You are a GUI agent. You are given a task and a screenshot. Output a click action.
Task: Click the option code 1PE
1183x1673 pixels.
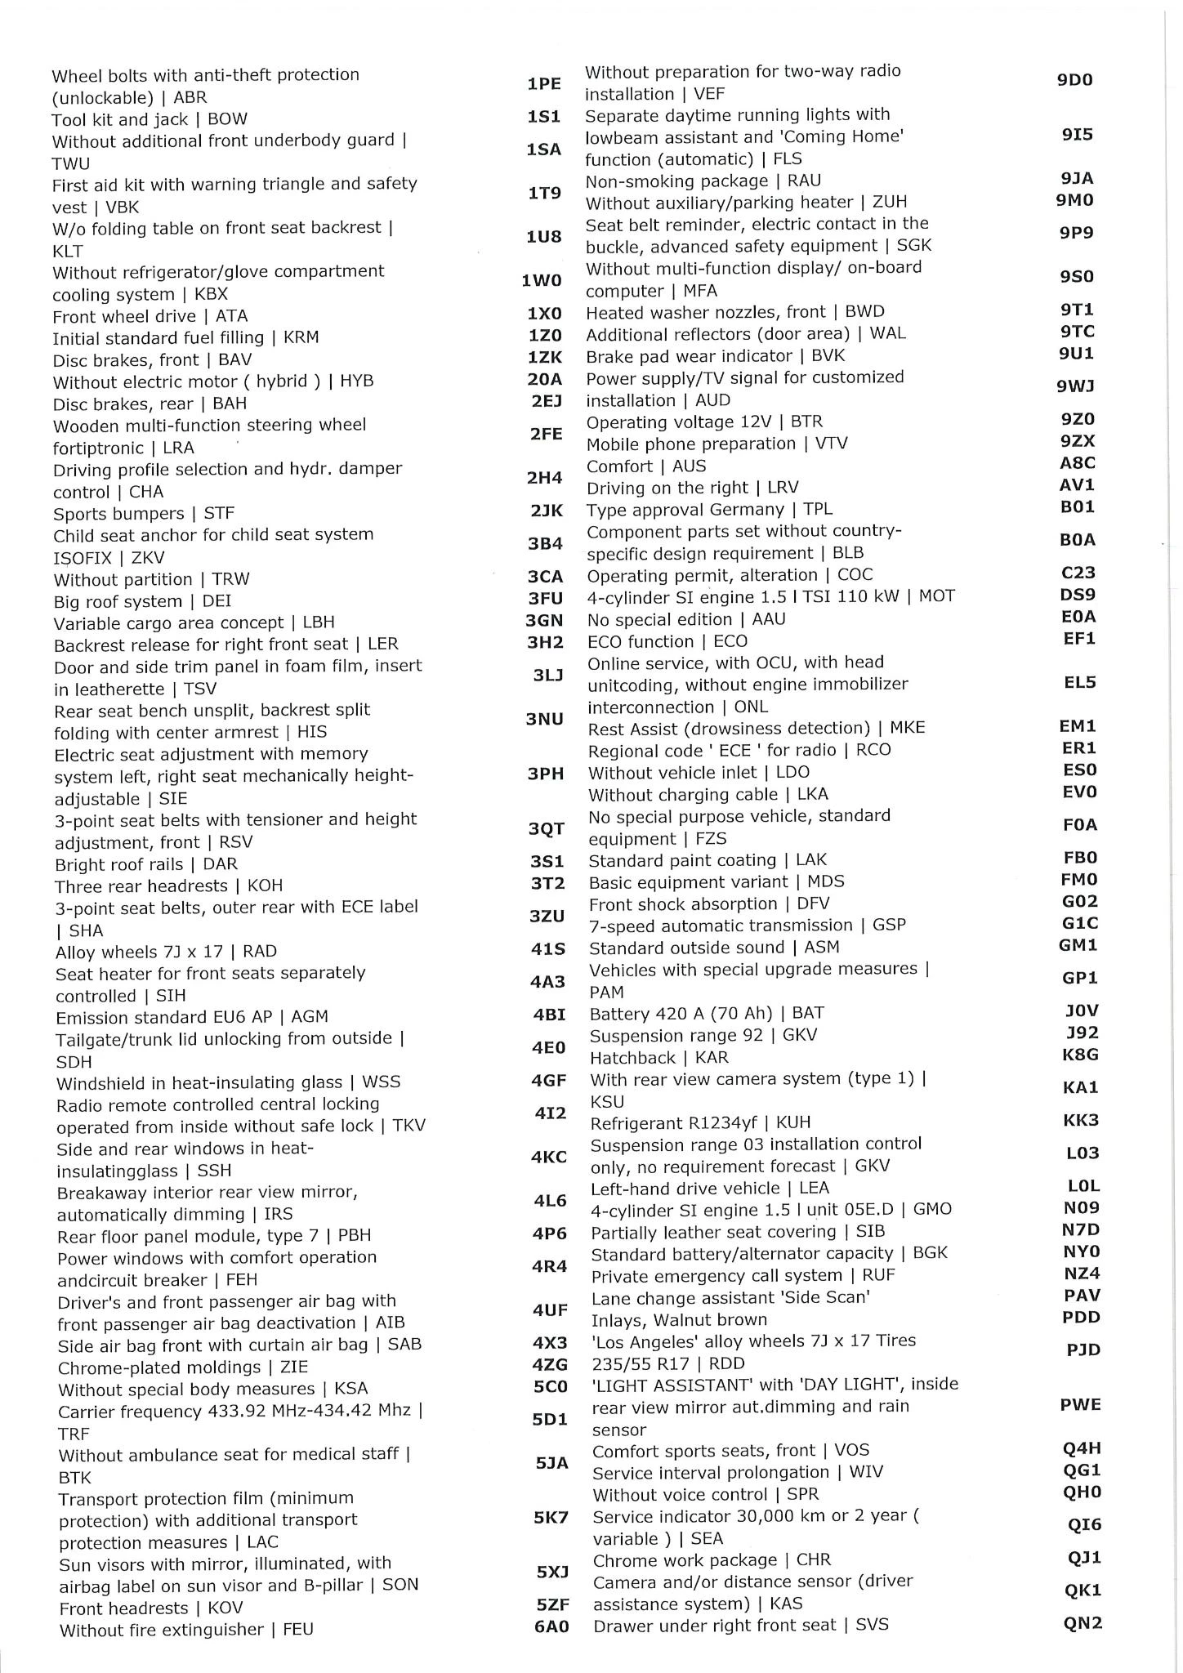[543, 84]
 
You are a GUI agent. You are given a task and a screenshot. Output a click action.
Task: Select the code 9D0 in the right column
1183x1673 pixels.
[1074, 80]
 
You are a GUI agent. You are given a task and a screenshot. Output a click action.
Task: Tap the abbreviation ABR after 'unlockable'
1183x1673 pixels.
[190, 98]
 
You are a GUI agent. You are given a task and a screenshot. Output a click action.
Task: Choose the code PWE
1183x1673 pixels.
[1081, 1405]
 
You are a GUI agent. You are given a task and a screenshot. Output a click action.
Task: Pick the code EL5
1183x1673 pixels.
[1080, 682]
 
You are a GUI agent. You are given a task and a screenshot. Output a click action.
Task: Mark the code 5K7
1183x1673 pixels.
[551, 1518]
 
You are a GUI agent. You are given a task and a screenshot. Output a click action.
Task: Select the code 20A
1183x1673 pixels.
[545, 379]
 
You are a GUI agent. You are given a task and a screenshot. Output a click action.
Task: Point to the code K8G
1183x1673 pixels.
[1080, 1055]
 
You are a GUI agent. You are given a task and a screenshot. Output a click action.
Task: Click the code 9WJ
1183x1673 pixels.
[1076, 386]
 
